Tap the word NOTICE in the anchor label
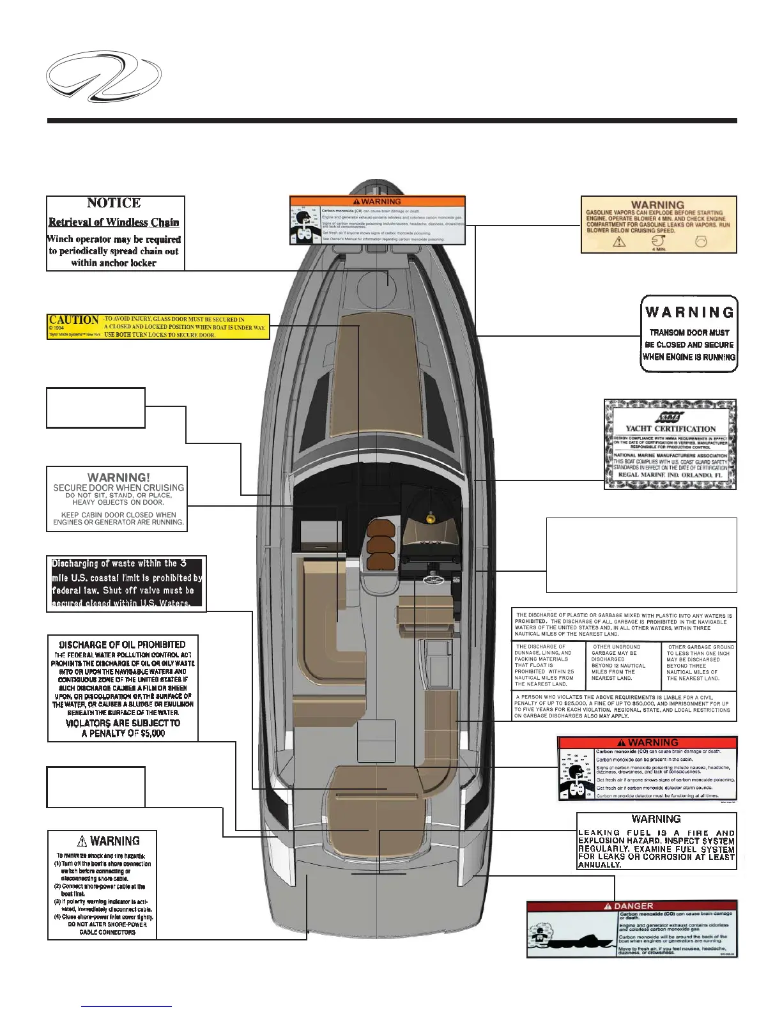tap(114, 203)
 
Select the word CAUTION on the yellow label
tap(74, 319)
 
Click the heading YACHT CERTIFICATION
tap(670, 429)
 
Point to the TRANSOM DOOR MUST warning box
tap(689, 333)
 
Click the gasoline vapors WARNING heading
tap(657, 205)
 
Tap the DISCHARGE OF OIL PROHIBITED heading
tap(122, 645)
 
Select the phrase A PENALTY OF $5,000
tap(123, 733)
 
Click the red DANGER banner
tap(631, 906)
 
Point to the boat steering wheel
tap(437, 580)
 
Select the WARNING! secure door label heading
tap(119, 477)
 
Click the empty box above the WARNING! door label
tap(96, 408)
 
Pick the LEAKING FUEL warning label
tap(656, 841)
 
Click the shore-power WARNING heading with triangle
tap(109, 841)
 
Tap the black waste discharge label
tap(126, 583)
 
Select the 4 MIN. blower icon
tap(658, 243)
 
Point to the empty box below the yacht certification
tap(641, 555)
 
